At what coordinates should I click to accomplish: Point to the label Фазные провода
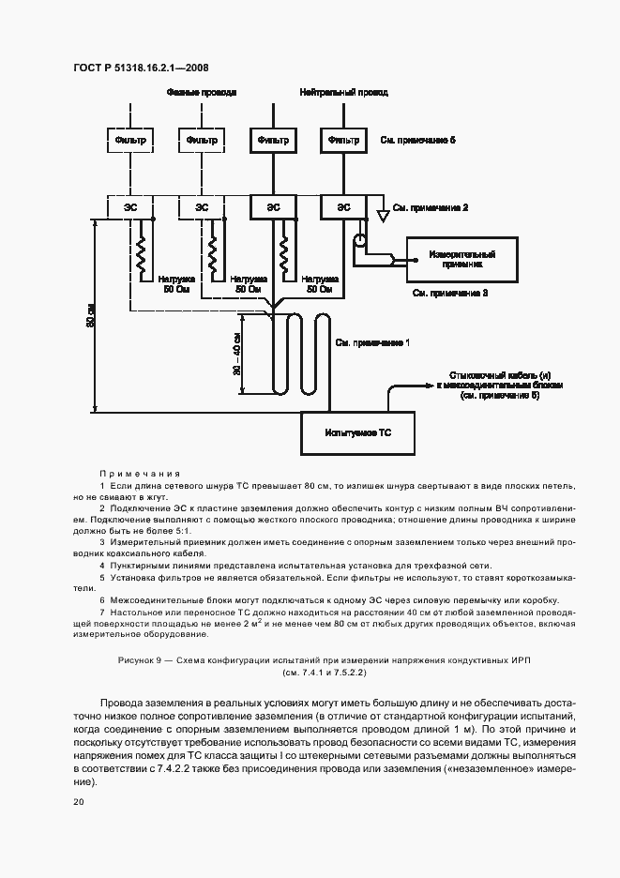click(202, 93)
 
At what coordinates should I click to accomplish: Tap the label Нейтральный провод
click(343, 93)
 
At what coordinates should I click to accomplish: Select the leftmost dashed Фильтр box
click(130, 140)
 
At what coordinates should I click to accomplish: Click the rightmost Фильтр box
click(343, 140)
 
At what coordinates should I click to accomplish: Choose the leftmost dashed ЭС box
click(130, 206)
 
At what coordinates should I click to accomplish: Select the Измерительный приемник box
click(461, 259)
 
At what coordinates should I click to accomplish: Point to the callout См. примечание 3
click(450, 294)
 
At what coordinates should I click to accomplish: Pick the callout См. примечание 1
click(372, 344)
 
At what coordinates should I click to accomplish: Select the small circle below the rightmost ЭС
click(358, 240)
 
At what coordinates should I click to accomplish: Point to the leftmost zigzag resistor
click(144, 250)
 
